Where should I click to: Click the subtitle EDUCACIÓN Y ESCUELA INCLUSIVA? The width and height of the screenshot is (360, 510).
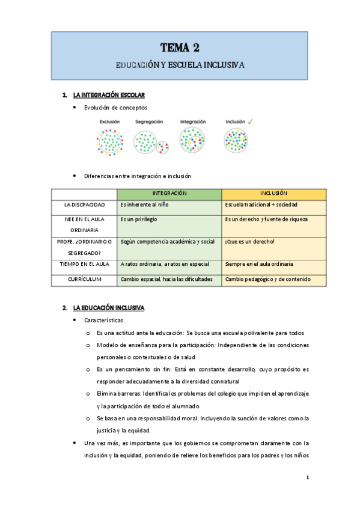click(180, 64)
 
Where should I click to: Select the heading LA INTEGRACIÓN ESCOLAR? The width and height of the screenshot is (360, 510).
click(108, 95)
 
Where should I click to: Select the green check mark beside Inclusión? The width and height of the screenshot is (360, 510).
click(250, 121)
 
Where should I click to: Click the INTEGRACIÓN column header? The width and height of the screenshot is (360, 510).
click(169, 194)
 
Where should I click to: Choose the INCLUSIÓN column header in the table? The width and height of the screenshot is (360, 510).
click(273, 194)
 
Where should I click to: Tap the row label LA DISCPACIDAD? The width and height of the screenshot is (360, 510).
click(84, 205)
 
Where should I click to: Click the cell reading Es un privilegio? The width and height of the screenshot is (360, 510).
click(139, 220)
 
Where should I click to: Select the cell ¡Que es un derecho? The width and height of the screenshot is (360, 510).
click(249, 242)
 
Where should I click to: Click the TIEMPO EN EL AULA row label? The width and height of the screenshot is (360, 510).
click(84, 264)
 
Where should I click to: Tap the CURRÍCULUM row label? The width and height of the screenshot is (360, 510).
click(84, 279)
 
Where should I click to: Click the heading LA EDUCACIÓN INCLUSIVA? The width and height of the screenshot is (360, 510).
click(108, 308)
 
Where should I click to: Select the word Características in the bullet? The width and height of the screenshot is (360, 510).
click(104, 321)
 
